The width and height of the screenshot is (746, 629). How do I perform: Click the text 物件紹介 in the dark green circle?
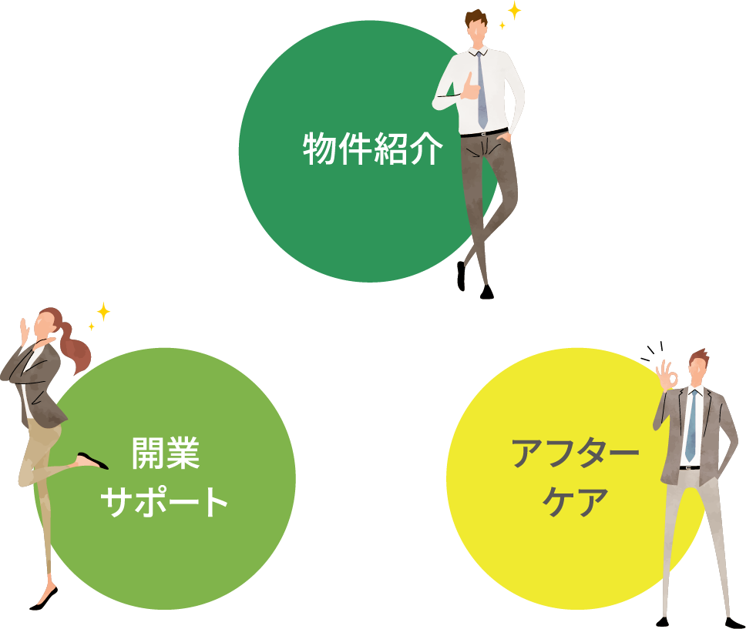(x=372, y=149)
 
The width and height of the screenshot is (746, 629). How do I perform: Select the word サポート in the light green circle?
(x=166, y=501)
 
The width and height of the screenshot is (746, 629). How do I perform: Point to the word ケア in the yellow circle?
(x=576, y=502)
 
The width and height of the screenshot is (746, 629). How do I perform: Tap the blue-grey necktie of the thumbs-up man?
(x=481, y=89)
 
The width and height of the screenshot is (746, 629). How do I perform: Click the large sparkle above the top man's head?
(x=514, y=11)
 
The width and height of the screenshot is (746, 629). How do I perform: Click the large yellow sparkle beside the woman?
(x=102, y=311)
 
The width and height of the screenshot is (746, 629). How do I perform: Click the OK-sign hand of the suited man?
(x=667, y=376)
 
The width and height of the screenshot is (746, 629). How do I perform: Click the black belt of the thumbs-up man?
(x=483, y=132)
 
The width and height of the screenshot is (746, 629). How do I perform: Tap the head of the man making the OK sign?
(x=698, y=366)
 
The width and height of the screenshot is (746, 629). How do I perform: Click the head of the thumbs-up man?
(x=476, y=28)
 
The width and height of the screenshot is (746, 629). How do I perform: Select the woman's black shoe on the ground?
(x=43, y=600)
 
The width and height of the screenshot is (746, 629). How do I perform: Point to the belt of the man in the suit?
(x=689, y=467)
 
